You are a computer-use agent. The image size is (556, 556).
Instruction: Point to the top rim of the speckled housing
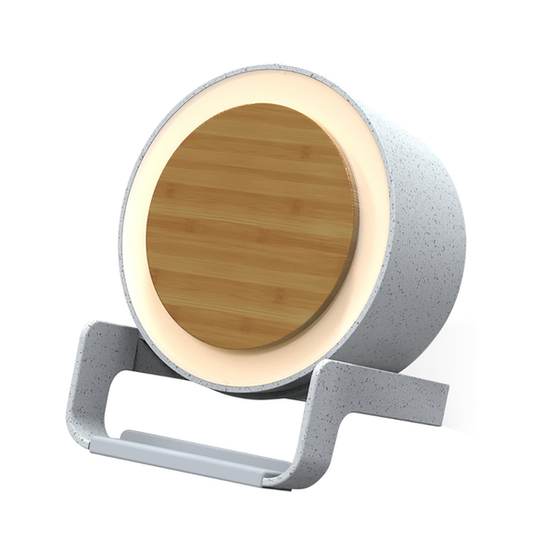[278, 69]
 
